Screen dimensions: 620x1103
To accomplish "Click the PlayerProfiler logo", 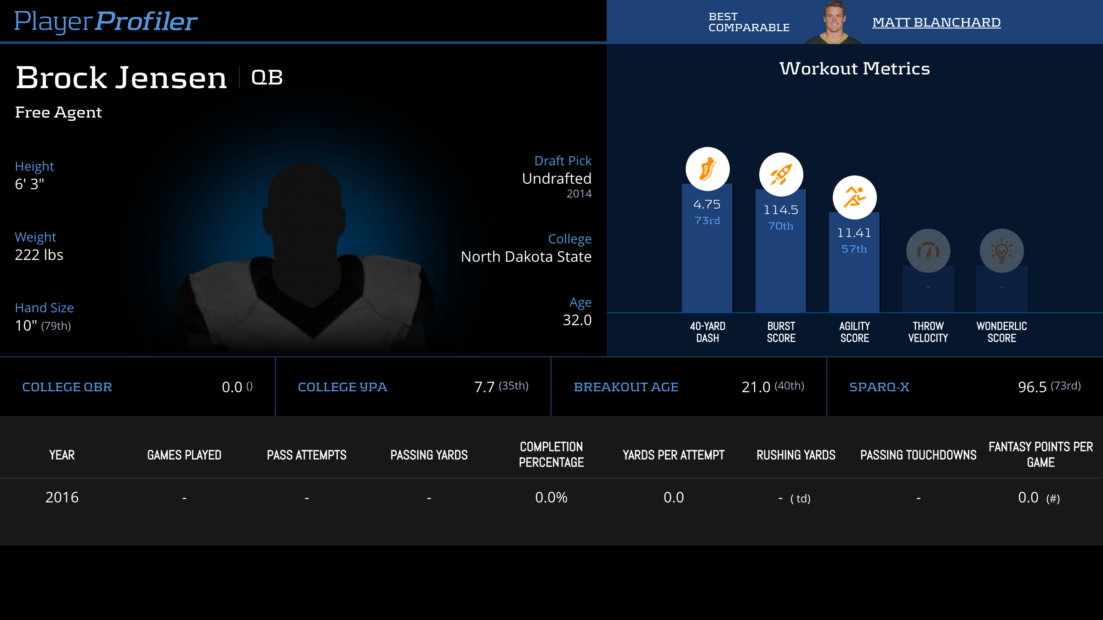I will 106,21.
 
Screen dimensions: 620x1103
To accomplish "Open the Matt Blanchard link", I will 936,22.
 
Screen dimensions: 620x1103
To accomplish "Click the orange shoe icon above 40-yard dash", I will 707,169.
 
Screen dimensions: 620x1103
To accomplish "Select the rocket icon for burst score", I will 781,175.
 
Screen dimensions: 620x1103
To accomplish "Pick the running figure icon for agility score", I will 854,197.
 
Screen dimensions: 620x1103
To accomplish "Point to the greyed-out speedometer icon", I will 928,251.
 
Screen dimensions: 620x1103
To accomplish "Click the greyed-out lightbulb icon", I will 1001,251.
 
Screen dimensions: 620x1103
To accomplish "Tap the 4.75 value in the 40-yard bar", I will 707,204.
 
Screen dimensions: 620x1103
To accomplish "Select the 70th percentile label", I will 781,226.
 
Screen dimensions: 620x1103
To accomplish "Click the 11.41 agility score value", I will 854,233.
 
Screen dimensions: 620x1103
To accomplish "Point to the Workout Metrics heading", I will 854,68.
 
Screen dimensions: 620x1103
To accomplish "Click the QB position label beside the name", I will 267,77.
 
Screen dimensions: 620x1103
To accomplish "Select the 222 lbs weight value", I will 39,254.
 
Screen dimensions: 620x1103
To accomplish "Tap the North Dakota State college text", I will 526,256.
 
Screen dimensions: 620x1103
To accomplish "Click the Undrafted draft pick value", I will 557,178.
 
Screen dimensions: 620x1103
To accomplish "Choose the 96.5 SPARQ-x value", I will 1032,387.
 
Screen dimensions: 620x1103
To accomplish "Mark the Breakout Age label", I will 626,387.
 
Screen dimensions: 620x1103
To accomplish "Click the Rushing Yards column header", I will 796,455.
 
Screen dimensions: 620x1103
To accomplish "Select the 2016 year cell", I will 62,497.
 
